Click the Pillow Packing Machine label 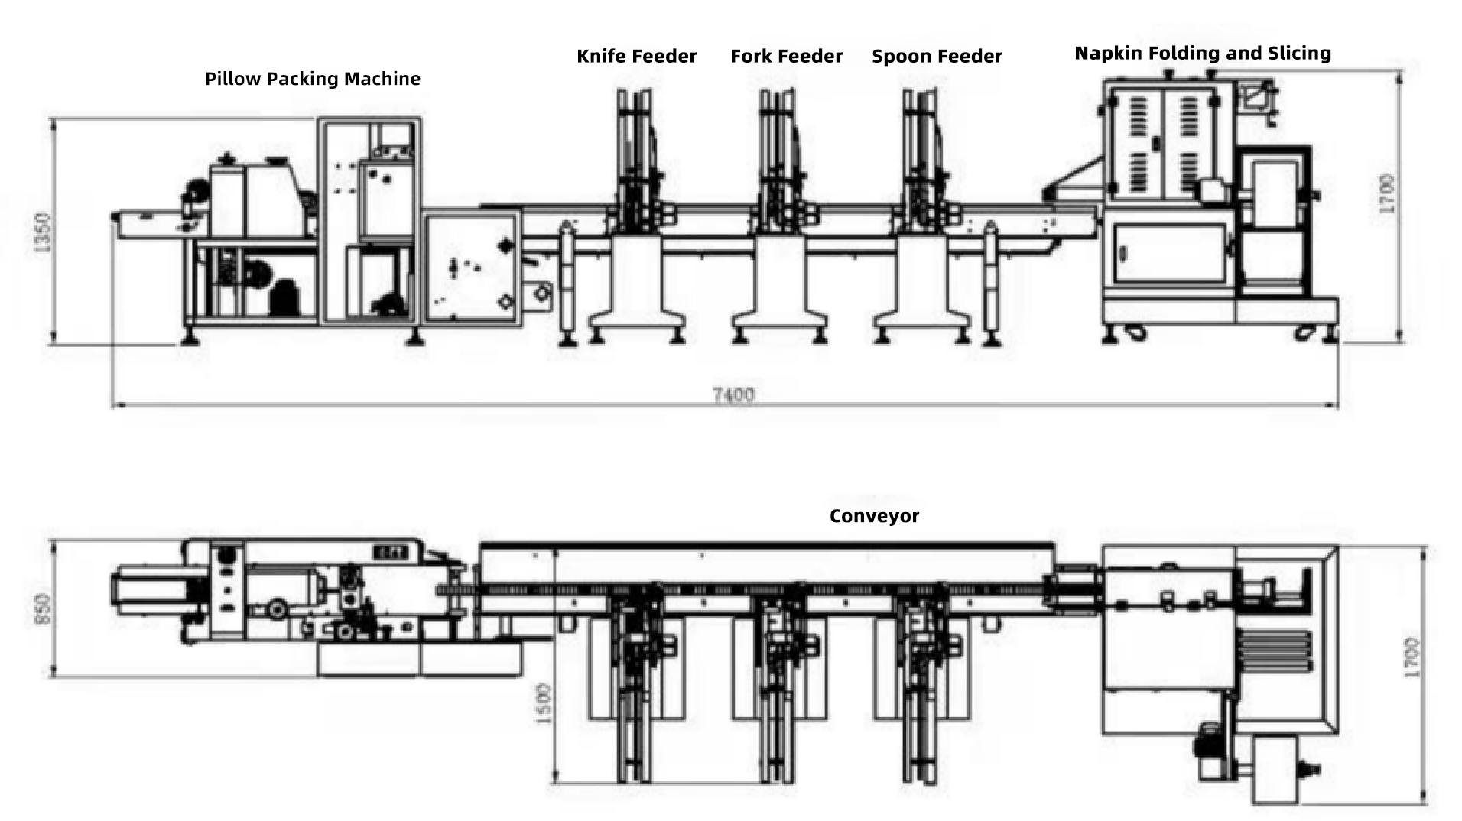click(x=312, y=79)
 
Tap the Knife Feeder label click(x=636, y=57)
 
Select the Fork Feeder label click(x=786, y=57)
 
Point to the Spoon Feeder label click(x=937, y=57)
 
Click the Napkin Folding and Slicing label click(x=1202, y=53)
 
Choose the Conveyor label click(x=874, y=516)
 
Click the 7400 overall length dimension click(x=733, y=394)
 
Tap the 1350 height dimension click(x=43, y=231)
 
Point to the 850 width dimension click(x=43, y=608)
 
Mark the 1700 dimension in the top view click(x=1412, y=656)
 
